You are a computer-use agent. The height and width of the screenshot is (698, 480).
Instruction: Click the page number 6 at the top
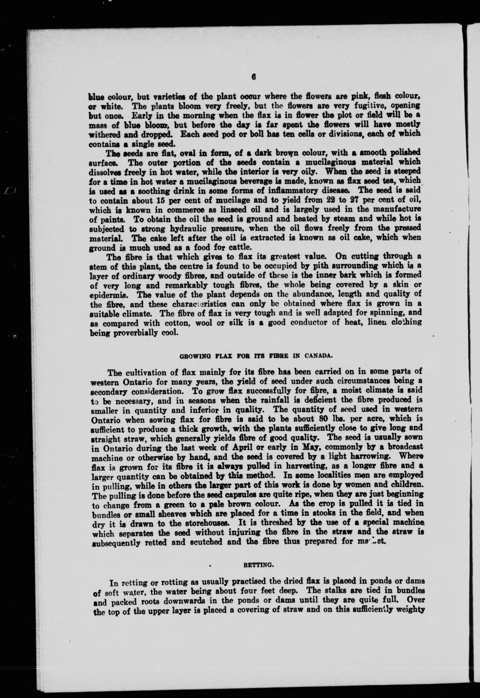pyautogui.click(x=253, y=77)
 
